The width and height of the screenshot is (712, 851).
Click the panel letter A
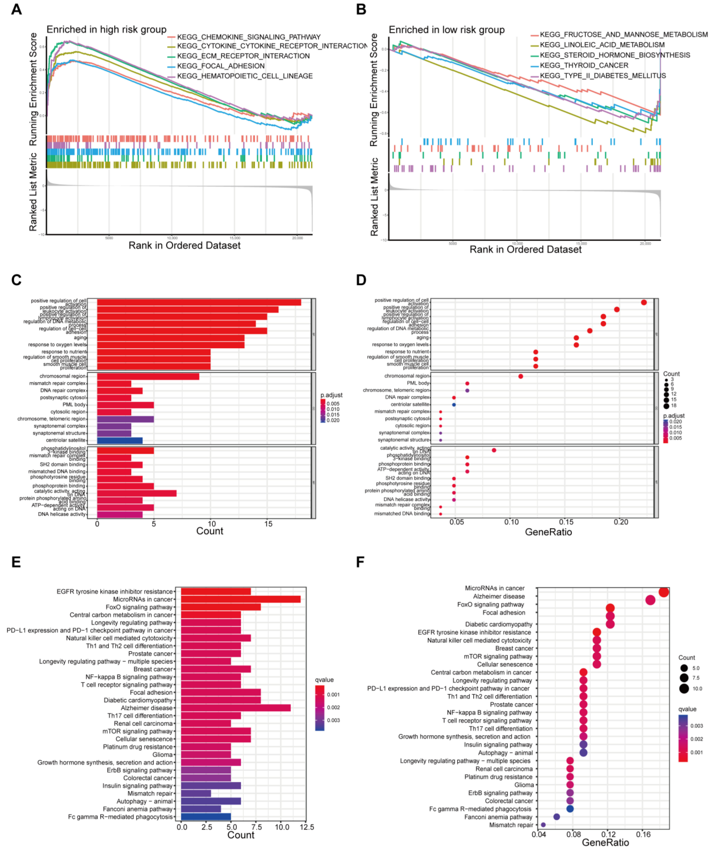tap(16, 9)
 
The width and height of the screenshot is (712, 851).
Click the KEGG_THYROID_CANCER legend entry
tap(584, 65)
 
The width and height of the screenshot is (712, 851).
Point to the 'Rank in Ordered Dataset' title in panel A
tap(184, 246)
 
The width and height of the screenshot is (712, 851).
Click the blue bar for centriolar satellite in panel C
tap(119, 440)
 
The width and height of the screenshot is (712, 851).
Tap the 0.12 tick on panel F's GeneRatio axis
tap(608, 834)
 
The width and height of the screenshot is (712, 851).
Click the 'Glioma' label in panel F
tap(524, 784)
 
